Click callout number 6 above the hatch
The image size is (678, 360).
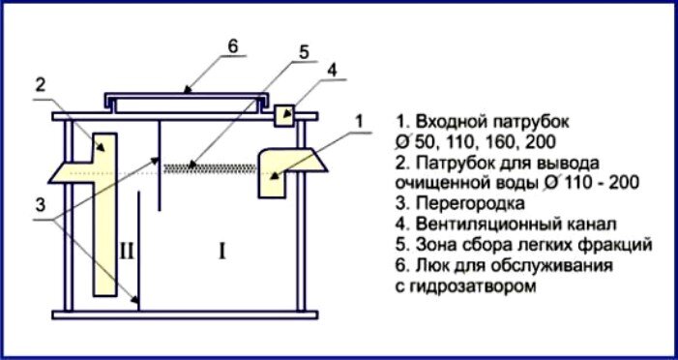233,46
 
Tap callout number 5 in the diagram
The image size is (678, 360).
304,52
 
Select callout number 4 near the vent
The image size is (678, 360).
332,72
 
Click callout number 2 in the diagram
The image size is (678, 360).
40,86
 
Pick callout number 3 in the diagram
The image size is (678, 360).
40,205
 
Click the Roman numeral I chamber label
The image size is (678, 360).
221,251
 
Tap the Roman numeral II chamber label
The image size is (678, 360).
127,251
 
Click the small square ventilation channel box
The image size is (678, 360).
284,115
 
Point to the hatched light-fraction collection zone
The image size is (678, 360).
211,167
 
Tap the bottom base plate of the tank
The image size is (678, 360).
185,315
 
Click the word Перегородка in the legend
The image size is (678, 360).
470,203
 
